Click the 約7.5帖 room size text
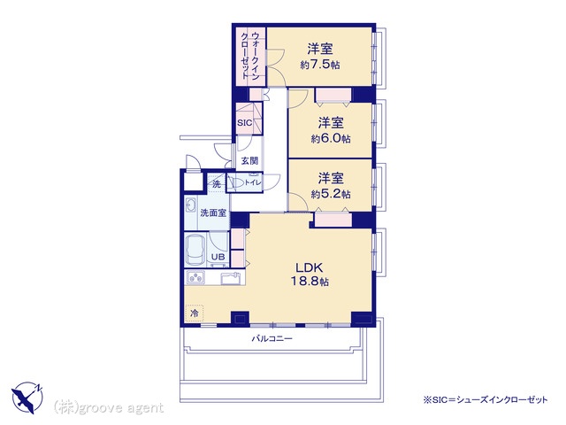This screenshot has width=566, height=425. point(320,65)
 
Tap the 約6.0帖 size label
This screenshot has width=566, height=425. point(331,139)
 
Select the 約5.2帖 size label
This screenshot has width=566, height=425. point(331,194)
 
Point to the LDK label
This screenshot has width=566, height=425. point(310,267)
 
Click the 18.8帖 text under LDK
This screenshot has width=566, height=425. point(310,282)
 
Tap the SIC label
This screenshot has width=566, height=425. point(244,123)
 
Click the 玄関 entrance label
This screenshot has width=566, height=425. point(249,161)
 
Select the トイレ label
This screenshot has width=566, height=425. point(253,183)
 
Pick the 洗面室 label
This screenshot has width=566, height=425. point(213,212)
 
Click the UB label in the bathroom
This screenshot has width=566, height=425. point(218,257)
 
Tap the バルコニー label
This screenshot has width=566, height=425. point(272,339)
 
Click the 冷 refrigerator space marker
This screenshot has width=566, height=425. point(195,313)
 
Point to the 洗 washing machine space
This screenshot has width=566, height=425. point(216,183)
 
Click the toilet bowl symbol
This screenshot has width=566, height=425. point(237,183)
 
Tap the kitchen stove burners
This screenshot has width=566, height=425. point(195,277)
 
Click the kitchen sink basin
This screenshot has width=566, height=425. point(230,278)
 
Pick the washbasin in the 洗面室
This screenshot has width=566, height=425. point(190,206)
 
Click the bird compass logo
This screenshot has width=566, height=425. point(27,398)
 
